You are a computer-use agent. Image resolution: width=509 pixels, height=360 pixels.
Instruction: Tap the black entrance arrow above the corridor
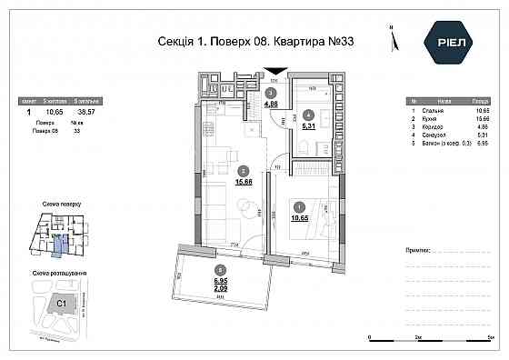[x=274, y=73]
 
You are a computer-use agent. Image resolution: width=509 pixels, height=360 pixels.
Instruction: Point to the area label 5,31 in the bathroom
[x=309, y=126]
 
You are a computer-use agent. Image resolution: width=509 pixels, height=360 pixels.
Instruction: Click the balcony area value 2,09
[x=219, y=288]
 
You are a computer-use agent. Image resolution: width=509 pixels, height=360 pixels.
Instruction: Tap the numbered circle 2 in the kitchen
[x=242, y=170]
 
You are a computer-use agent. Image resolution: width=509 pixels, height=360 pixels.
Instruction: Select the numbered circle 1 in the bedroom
[x=301, y=205]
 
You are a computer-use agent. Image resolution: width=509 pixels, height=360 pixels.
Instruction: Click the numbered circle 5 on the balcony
[x=219, y=269]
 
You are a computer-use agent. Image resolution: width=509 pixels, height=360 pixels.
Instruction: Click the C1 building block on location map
[x=63, y=303]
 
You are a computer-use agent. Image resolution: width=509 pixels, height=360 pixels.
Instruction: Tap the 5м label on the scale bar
[x=491, y=337]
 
